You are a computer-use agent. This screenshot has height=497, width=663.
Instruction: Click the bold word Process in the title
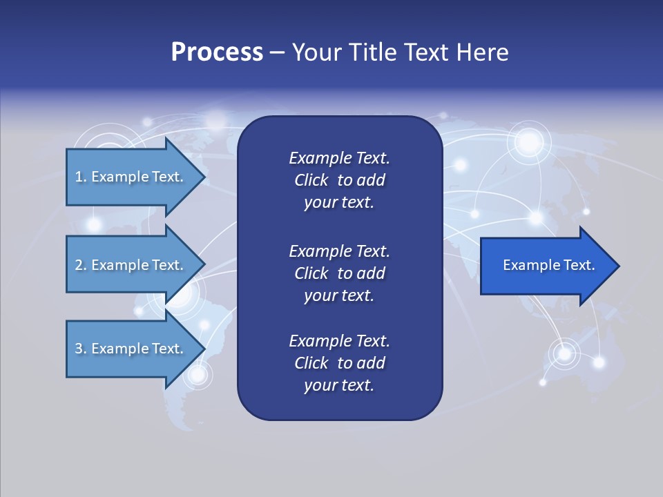[x=217, y=52]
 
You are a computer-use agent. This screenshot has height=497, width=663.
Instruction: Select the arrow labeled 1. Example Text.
[x=131, y=177]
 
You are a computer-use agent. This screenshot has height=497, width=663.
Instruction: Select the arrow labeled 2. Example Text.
[x=131, y=265]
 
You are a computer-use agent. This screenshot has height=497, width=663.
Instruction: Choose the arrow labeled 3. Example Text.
[x=131, y=349]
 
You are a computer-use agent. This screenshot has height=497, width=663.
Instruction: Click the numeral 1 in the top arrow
[x=79, y=177]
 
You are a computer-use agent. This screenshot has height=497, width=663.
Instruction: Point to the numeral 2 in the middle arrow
[x=79, y=265]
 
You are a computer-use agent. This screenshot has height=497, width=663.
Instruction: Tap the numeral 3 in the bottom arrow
[x=79, y=349]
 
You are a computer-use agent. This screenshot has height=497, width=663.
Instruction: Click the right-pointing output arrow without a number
[x=546, y=266]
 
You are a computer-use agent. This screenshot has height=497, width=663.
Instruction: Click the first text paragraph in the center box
[x=339, y=180]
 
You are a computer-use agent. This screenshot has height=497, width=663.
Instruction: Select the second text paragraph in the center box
[x=339, y=273]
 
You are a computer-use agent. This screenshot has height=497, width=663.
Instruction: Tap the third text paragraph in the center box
[x=339, y=363]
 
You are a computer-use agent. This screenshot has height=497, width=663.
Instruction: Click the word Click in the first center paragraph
[x=311, y=180]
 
